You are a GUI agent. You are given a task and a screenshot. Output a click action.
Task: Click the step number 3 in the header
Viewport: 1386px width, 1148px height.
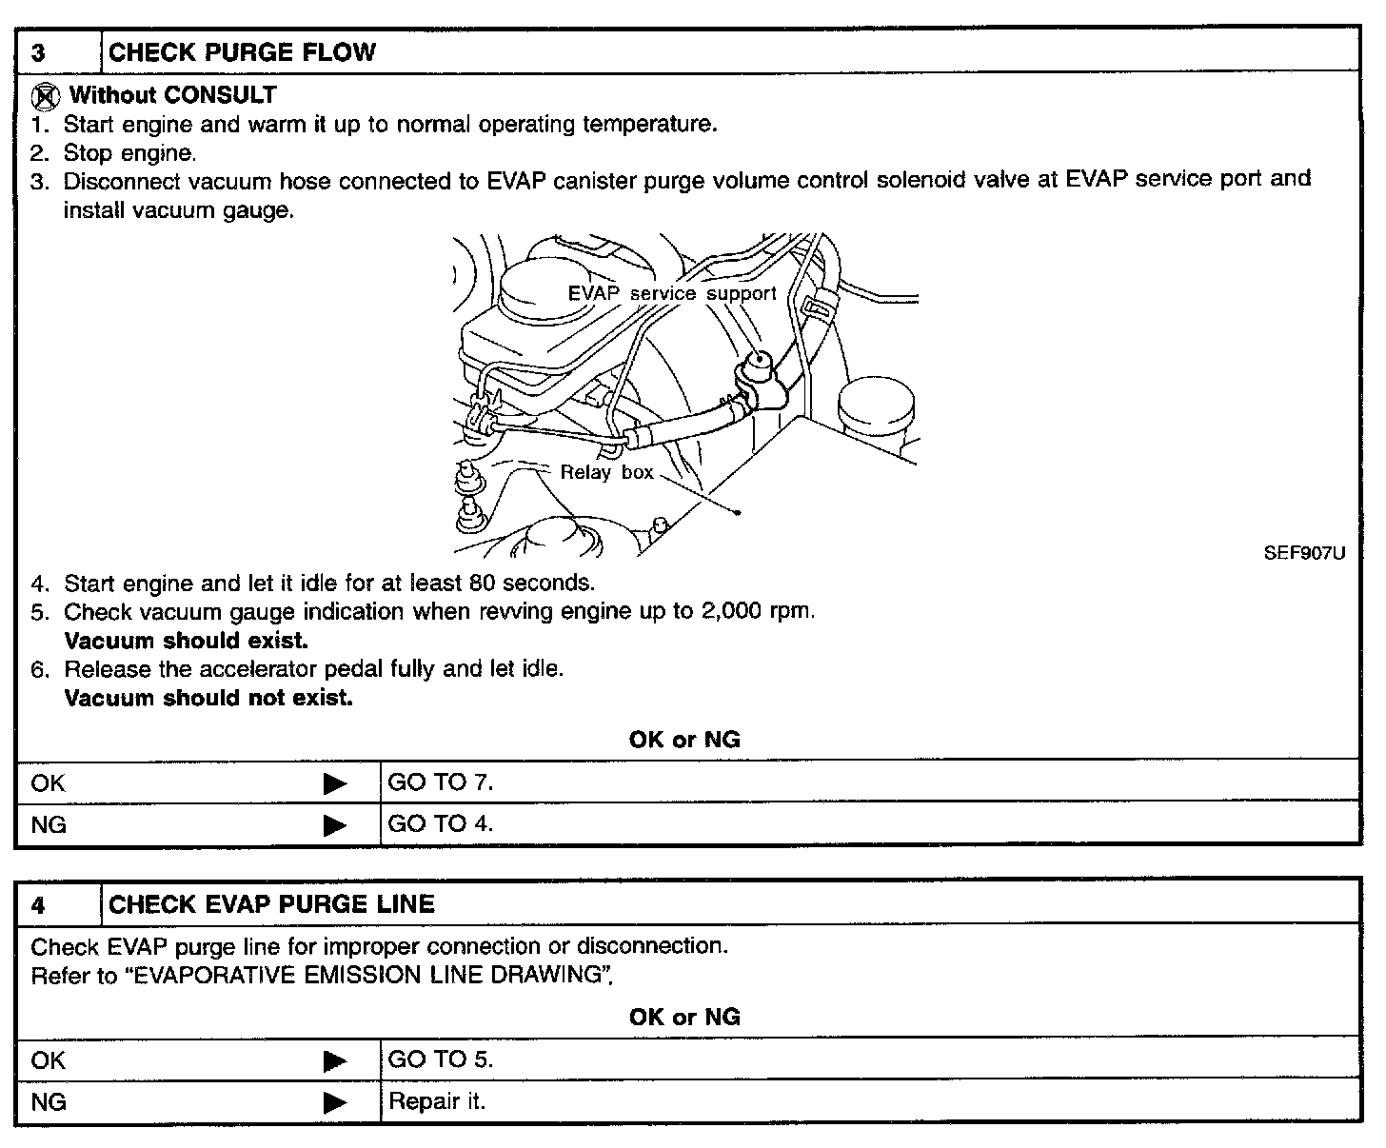click(38, 52)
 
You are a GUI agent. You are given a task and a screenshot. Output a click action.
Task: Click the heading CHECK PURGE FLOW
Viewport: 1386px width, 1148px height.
click(242, 52)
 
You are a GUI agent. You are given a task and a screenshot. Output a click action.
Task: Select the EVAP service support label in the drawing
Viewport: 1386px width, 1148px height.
click(672, 293)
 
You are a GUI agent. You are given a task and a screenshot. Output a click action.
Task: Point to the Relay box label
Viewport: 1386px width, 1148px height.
click(606, 472)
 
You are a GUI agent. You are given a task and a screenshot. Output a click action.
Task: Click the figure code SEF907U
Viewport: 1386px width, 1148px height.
click(1304, 553)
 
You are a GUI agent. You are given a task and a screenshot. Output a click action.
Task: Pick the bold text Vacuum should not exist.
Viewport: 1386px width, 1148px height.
click(208, 698)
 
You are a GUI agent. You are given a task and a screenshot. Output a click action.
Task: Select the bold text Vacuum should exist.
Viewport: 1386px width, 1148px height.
click(186, 641)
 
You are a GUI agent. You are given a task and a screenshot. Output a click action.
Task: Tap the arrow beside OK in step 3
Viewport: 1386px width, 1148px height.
click(335, 783)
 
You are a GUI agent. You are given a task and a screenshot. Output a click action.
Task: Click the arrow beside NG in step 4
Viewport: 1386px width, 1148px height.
click(335, 1102)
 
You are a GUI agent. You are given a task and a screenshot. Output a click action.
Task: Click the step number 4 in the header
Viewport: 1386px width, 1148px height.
click(38, 904)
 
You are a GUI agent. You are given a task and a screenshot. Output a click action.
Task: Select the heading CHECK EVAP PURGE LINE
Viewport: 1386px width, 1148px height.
click(271, 904)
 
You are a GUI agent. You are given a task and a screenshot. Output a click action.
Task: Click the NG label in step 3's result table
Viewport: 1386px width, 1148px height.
click(49, 824)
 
